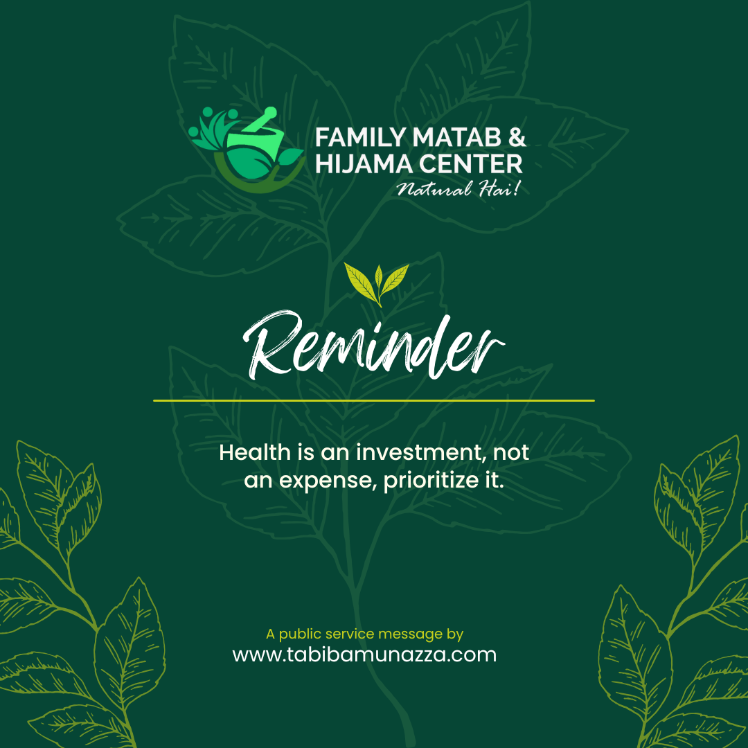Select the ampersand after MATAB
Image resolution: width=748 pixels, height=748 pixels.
coord(517,137)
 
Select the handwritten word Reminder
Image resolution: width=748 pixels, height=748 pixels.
coord(373,346)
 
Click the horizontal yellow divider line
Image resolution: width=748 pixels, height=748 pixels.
coord(373,401)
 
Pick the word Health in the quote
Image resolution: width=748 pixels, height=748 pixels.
coord(255,452)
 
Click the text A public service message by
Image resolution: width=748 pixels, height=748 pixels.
coord(365,634)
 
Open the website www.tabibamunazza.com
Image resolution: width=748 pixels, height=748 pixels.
coord(364,654)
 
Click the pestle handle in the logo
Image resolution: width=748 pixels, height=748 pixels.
coord(259,119)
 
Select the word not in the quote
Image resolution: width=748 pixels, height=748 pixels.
coord(511,453)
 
